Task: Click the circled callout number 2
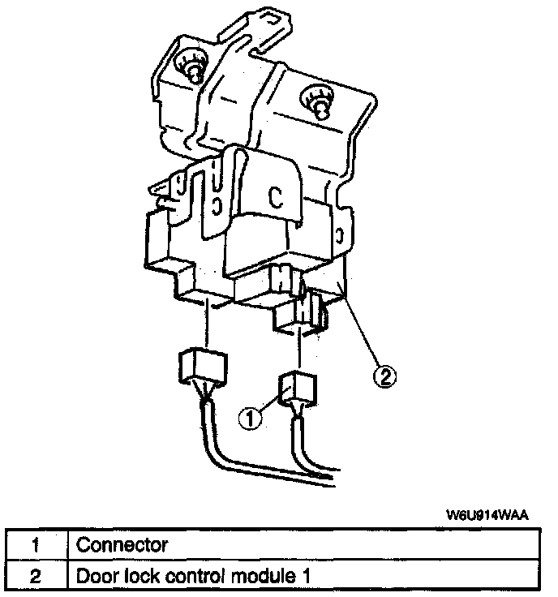point(384,376)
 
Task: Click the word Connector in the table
point(122,544)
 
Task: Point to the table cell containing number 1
point(35,544)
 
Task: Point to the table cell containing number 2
point(35,576)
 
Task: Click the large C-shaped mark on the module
point(276,199)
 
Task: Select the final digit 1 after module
point(307,576)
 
